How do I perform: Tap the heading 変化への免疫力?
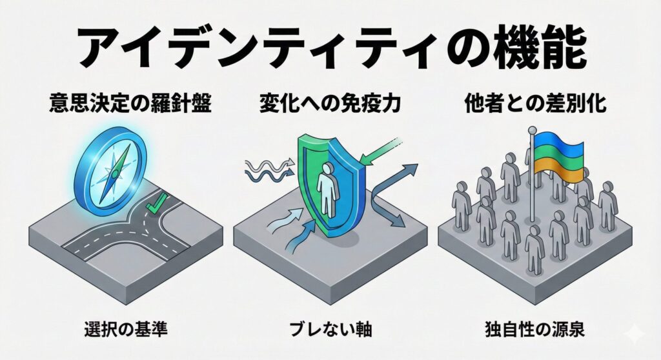[x=330, y=105]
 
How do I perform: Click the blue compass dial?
[x=107, y=165]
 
